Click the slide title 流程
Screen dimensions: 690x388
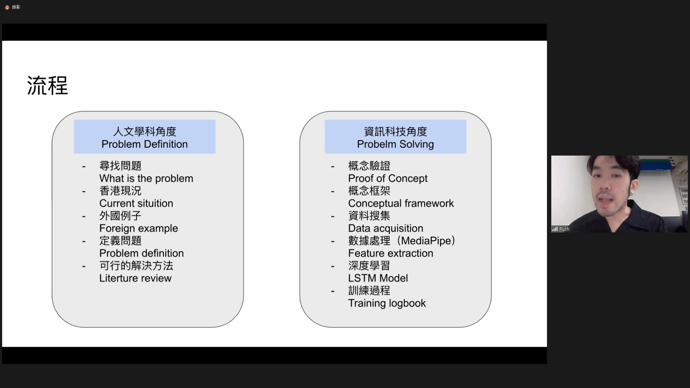click(x=47, y=86)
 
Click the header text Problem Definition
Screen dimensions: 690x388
click(x=144, y=144)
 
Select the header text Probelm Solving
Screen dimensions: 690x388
click(x=395, y=144)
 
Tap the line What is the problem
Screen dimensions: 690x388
click(x=146, y=179)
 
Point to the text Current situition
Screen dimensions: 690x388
click(x=136, y=203)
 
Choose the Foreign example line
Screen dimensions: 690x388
click(x=139, y=228)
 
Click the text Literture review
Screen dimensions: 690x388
click(x=135, y=278)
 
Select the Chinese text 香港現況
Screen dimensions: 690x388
click(x=120, y=191)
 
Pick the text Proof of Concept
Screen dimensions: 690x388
click(x=388, y=179)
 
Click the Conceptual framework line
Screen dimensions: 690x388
click(x=401, y=203)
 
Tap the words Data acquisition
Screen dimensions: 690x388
click(x=386, y=228)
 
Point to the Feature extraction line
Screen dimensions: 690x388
click(x=391, y=253)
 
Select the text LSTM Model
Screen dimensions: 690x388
click(x=378, y=278)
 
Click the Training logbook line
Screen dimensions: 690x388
click(x=387, y=303)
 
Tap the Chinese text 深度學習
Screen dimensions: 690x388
click(x=369, y=266)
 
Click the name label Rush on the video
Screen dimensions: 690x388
click(x=564, y=229)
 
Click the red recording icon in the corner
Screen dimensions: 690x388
click(x=7, y=7)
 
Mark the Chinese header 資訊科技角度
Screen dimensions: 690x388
click(x=395, y=131)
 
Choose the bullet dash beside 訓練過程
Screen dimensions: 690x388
click(x=333, y=291)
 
